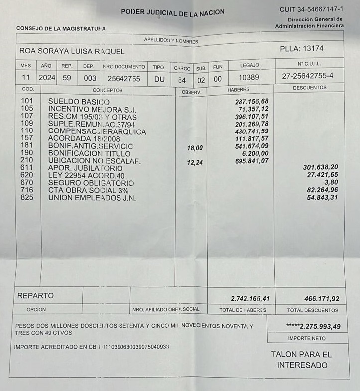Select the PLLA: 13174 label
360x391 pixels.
302,48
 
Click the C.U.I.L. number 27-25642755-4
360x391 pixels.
307,77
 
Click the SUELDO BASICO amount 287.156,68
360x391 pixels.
251,102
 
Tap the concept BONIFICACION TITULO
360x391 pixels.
89,154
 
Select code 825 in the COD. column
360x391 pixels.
27,198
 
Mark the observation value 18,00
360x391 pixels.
195,148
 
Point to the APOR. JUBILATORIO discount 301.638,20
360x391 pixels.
321,167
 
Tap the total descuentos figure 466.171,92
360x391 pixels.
321,299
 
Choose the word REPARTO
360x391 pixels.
35,295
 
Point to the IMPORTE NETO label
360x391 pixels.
307,338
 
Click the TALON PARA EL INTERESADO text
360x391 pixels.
302,360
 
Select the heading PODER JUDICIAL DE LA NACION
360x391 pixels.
173,12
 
